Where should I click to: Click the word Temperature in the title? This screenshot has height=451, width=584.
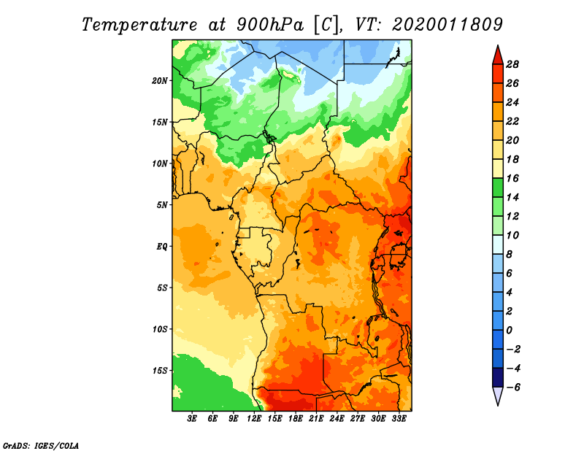point(139,25)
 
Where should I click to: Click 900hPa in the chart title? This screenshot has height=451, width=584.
point(270,25)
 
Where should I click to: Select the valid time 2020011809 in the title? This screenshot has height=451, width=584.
point(447,24)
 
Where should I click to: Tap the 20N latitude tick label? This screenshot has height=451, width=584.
point(160,80)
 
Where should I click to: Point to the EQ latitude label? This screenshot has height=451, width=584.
point(161,247)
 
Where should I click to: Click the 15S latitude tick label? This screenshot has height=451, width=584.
point(160,371)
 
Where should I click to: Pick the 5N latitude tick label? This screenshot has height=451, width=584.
point(162,205)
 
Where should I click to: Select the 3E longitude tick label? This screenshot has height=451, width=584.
point(192,419)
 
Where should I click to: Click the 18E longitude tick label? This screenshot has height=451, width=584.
point(296,419)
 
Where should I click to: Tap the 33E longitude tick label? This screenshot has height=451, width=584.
point(399,419)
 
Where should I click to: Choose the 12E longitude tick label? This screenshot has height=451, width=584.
point(254,419)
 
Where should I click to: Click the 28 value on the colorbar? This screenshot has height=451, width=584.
point(512,64)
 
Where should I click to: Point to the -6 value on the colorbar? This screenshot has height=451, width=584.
point(513,388)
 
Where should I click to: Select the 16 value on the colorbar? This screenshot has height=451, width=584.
point(512,178)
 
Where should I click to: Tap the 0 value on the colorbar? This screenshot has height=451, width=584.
point(509,331)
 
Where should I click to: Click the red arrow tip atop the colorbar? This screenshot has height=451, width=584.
point(498,46)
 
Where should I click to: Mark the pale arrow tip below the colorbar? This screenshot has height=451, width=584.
point(498,405)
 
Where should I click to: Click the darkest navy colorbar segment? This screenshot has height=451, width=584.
point(498,377)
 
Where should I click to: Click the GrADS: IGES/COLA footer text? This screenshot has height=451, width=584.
point(41,445)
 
